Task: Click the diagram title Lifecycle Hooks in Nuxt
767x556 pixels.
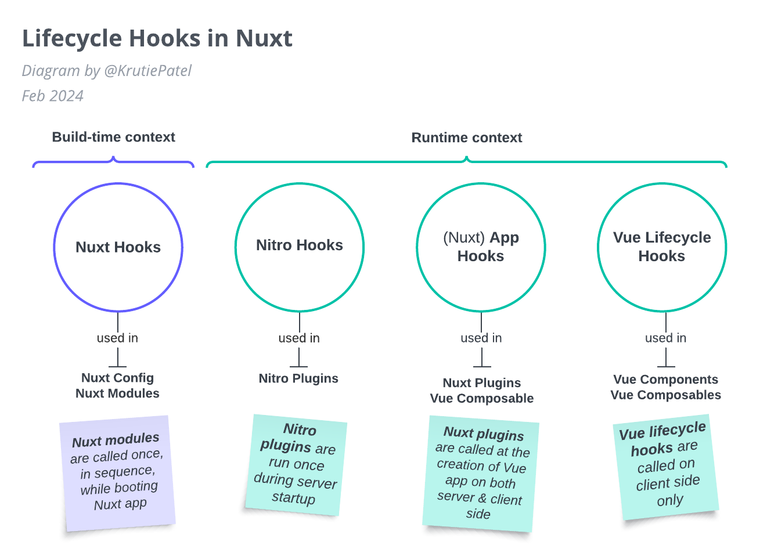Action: (157, 39)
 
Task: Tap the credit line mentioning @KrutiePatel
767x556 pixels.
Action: (107, 71)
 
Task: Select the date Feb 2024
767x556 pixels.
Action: (53, 96)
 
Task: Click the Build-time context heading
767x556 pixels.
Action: (113, 138)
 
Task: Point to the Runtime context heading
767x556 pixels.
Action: (466, 138)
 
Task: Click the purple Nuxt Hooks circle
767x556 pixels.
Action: (118, 248)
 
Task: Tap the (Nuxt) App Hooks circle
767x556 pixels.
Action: (481, 247)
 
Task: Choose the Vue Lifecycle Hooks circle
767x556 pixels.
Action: (662, 247)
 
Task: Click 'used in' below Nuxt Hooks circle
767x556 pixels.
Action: (117, 338)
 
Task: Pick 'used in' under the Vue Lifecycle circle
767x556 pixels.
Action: (665, 338)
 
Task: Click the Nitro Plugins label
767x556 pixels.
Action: (298, 378)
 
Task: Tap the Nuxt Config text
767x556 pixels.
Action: (117, 378)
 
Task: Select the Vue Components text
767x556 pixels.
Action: (665, 380)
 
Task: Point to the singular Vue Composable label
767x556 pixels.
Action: (481, 399)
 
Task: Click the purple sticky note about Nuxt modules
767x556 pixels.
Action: (118, 472)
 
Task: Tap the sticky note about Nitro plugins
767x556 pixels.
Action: (296, 464)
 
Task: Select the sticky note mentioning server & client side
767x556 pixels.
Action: (480, 474)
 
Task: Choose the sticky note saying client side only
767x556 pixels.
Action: (667, 467)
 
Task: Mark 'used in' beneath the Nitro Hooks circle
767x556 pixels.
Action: (299, 338)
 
